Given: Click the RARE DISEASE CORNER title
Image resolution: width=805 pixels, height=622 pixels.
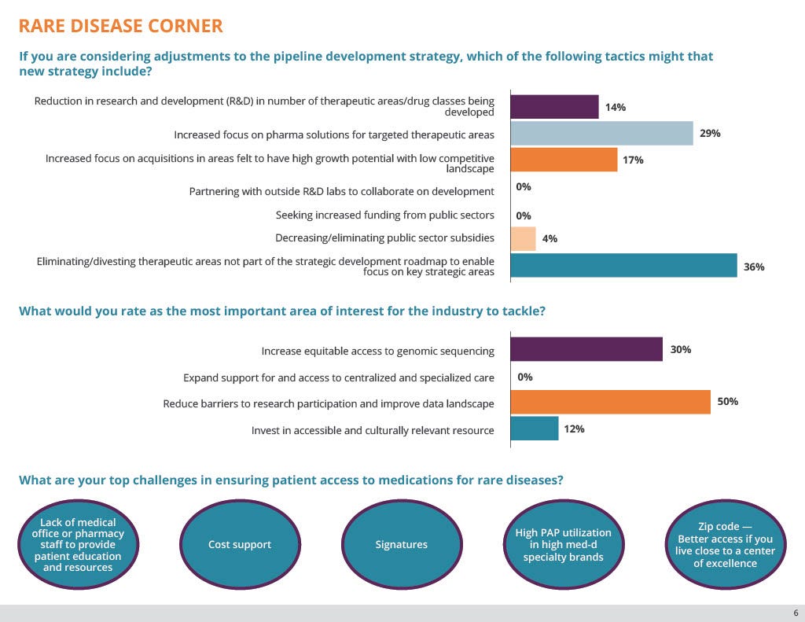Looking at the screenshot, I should (120, 26).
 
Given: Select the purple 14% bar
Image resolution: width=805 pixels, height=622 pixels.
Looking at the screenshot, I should (554, 107).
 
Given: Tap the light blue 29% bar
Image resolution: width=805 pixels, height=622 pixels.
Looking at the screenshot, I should (601, 134).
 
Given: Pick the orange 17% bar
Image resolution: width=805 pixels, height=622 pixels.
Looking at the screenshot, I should (564, 160).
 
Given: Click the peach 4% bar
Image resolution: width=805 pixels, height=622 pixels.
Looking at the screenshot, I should (523, 239).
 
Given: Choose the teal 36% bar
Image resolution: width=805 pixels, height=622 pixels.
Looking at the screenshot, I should (623, 267).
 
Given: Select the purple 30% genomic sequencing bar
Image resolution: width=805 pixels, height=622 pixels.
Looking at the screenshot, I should (586, 350).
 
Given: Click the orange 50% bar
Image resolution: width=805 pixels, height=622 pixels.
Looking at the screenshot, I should (610, 402).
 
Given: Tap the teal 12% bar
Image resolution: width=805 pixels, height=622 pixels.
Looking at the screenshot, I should (534, 429).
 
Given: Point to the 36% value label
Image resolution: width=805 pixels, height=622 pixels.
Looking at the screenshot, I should (753, 267).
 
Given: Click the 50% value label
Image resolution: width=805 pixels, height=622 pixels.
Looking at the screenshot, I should (727, 402).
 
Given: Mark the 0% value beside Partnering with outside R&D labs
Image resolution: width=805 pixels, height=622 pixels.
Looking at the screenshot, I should (524, 187).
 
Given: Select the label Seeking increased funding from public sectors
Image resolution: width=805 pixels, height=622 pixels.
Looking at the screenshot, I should (384, 215).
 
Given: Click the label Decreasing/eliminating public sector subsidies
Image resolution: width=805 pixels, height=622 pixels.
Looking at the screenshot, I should (384, 238).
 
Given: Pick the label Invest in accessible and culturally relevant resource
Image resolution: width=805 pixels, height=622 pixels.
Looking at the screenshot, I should (373, 430).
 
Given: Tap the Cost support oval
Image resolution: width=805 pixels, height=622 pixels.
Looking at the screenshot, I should (240, 545).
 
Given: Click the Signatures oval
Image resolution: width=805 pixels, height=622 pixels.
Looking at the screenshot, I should (401, 545).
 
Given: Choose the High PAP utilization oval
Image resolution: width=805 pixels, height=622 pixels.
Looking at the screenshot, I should (563, 545).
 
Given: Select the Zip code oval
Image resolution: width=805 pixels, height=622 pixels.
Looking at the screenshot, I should (724, 545).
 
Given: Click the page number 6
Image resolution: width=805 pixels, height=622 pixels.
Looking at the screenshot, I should (795, 613).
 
